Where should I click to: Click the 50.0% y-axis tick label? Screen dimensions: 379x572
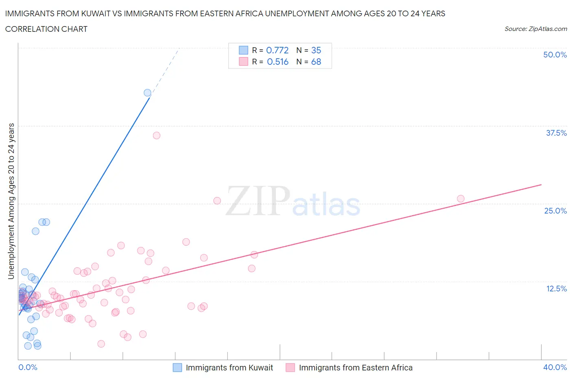coord(555,55)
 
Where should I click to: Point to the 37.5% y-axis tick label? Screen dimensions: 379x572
coord(556,133)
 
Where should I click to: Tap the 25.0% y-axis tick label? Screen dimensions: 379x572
coord(555,211)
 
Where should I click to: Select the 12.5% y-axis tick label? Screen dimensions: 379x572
coord(556,289)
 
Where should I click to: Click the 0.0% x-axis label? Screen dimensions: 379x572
coord(28,367)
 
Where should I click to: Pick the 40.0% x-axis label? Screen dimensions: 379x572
coord(555,367)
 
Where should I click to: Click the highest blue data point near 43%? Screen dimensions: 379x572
coord(147,93)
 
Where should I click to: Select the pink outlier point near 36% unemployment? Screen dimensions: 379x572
coord(157,135)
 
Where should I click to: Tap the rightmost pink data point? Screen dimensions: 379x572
coord(461,199)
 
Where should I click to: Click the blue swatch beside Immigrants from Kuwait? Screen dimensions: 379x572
coord(177,368)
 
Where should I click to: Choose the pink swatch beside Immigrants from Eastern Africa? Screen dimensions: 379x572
coord(290,368)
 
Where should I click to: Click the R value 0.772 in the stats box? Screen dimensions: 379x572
coord(277,50)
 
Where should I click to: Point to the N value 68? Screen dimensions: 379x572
coord(316,62)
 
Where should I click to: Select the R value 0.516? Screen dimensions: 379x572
coord(277,62)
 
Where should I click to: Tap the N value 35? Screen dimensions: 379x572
coord(316,50)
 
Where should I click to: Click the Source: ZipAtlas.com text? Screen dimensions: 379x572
coord(535,29)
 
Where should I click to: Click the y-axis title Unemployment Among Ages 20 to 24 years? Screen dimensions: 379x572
coord(11,201)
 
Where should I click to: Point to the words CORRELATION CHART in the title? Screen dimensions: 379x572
coord(46,29)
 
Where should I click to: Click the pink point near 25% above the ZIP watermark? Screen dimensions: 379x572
coord(217,201)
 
